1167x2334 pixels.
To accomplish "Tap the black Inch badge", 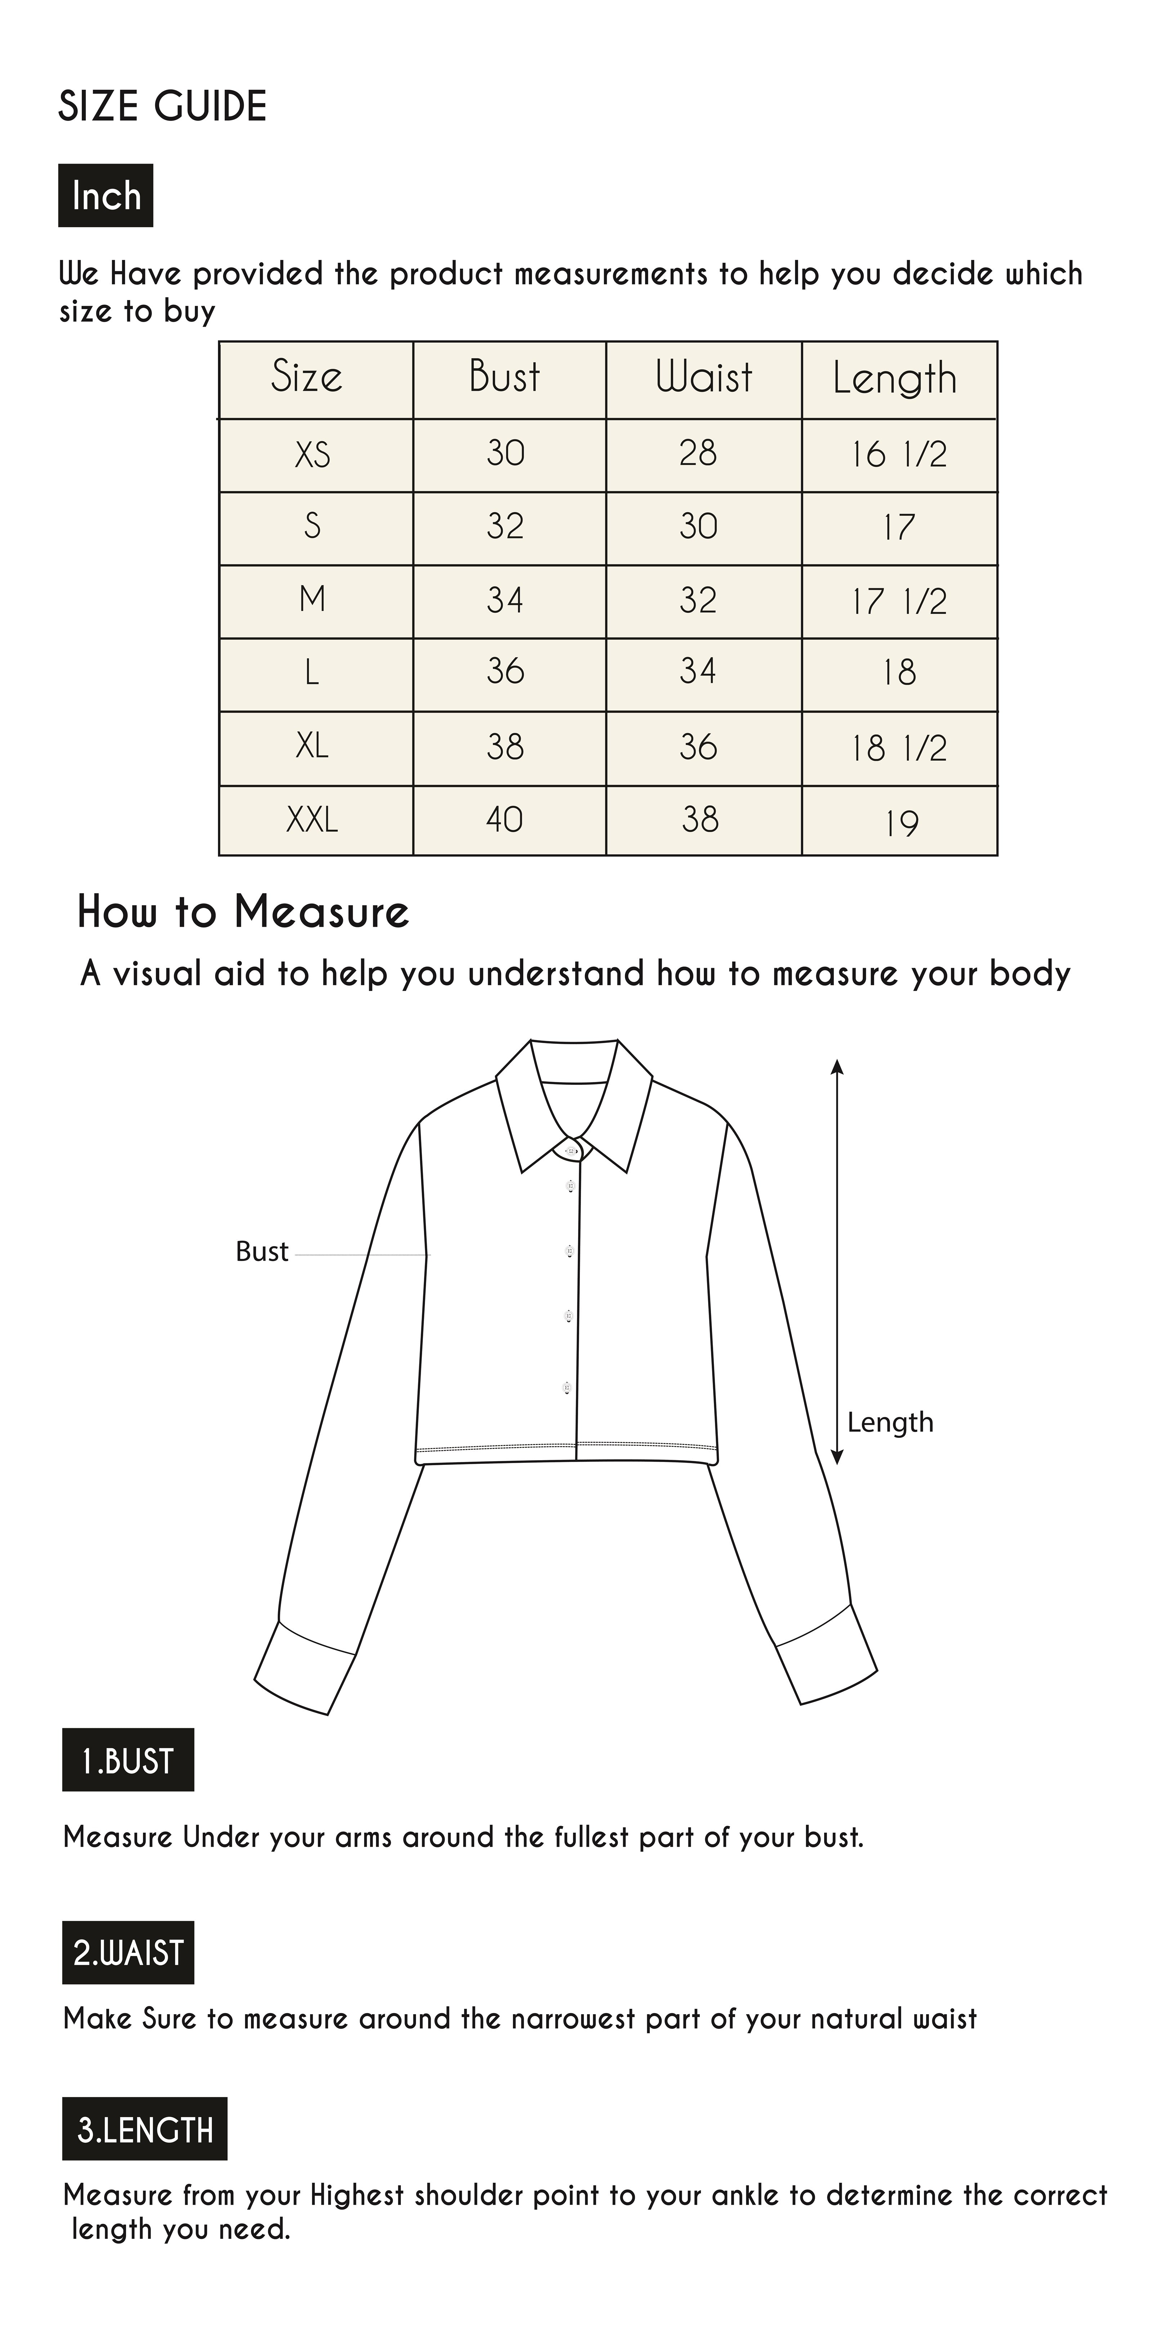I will [x=106, y=196].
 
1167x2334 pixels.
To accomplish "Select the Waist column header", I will [x=704, y=378].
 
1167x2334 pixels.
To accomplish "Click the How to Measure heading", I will [x=243, y=912].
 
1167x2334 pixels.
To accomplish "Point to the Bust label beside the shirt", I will [x=262, y=1252].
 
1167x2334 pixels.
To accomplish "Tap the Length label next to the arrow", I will [x=890, y=1422].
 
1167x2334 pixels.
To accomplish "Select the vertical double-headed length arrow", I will [x=837, y=1260].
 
